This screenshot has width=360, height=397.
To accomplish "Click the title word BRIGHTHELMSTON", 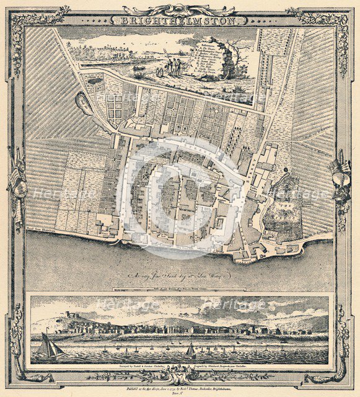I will tap(179, 20).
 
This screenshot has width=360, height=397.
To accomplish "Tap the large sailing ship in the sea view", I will tap(49, 346).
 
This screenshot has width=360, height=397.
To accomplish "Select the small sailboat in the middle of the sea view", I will tap(190, 350).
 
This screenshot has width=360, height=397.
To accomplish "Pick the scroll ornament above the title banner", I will tap(179, 9).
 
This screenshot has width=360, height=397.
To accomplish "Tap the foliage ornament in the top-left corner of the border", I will tap(25, 22).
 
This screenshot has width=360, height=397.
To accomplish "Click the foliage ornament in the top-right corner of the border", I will tap(335, 22).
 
